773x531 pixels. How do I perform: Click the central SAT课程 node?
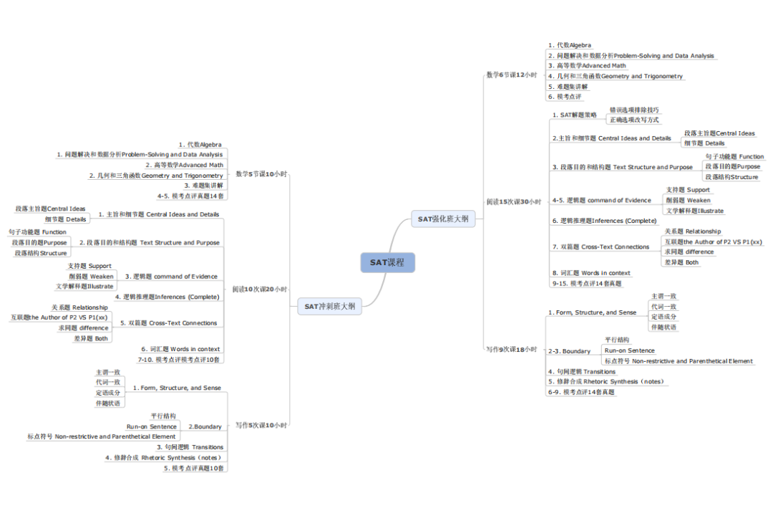pyautogui.click(x=387, y=262)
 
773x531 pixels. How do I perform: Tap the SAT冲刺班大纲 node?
pyautogui.click(x=329, y=307)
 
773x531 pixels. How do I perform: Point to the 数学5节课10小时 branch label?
pyautogui.click(x=261, y=174)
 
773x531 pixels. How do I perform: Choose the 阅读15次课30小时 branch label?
pyautogui.click(x=514, y=202)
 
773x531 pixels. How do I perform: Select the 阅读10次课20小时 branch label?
pyautogui.click(x=260, y=290)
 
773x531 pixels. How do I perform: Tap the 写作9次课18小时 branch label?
pyautogui.click(x=512, y=349)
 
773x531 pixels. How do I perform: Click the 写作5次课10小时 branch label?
pyautogui.click(x=261, y=425)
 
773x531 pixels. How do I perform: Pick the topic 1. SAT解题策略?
pyautogui.click(x=574, y=115)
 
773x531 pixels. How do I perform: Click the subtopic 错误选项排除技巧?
pyautogui.click(x=634, y=110)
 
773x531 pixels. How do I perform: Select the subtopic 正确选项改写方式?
pyautogui.click(x=634, y=120)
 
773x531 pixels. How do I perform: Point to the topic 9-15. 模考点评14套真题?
pyautogui.click(x=586, y=283)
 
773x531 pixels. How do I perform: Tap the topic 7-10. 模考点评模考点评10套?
pyautogui.click(x=179, y=359)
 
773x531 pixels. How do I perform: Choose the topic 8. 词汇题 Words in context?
pyautogui.click(x=591, y=273)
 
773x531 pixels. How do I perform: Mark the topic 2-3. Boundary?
pyautogui.click(x=569, y=351)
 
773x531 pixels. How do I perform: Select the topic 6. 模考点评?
pyautogui.click(x=565, y=96)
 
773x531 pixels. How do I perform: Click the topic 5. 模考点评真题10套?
pyautogui.click(x=194, y=468)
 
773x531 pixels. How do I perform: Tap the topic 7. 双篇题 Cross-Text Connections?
pyautogui.click(x=601, y=247)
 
